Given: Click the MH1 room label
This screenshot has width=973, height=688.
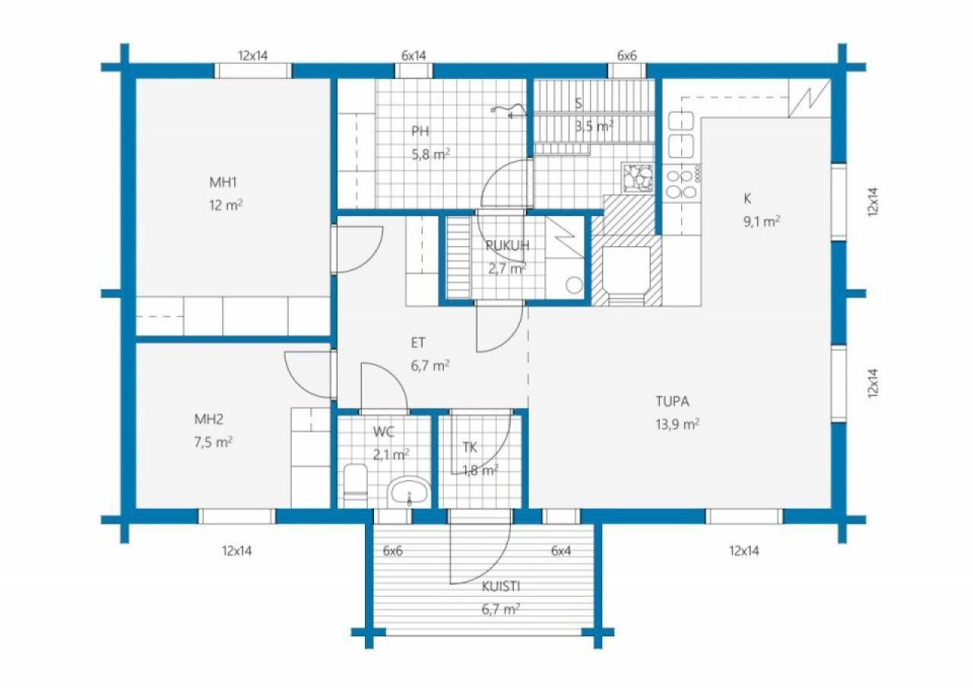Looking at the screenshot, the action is (x=223, y=182).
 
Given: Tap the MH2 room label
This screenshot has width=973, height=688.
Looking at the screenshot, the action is (x=208, y=419).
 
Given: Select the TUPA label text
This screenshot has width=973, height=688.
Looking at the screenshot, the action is (x=672, y=401).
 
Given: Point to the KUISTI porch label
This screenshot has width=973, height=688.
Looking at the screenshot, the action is (x=501, y=586).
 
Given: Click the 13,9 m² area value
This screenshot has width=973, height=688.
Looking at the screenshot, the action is (x=677, y=424).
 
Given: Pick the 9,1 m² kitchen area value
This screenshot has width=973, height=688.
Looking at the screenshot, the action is (x=762, y=221).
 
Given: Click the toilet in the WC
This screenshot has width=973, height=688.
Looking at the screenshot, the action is (x=355, y=486).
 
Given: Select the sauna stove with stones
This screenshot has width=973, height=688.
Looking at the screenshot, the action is (x=638, y=178).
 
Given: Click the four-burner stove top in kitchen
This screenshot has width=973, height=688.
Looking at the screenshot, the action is (x=683, y=184).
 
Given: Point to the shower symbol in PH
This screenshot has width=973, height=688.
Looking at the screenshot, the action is (x=509, y=111).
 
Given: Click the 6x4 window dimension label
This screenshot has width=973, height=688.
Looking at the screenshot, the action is (x=561, y=550).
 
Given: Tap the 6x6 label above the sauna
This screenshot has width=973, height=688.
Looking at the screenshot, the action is (x=627, y=55).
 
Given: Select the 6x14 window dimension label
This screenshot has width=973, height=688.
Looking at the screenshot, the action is (x=414, y=55).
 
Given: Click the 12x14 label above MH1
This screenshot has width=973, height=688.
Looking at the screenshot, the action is (x=253, y=55).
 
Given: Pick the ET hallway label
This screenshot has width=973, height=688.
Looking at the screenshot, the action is (x=418, y=343).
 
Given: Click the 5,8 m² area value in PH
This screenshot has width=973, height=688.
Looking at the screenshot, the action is (x=430, y=154).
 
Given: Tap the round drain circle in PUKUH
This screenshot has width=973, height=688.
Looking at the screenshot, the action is (x=574, y=285).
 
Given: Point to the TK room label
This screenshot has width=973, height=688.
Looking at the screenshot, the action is (x=470, y=447).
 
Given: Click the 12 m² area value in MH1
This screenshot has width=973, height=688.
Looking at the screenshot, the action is (x=226, y=204).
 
